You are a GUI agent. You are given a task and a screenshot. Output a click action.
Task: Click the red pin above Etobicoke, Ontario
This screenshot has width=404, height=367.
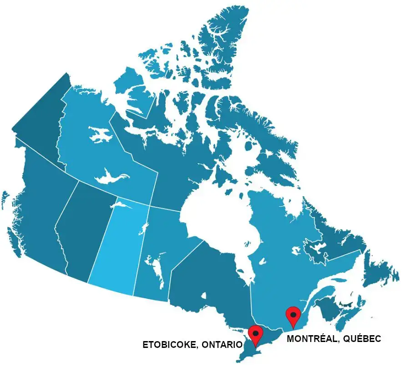(256, 335)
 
